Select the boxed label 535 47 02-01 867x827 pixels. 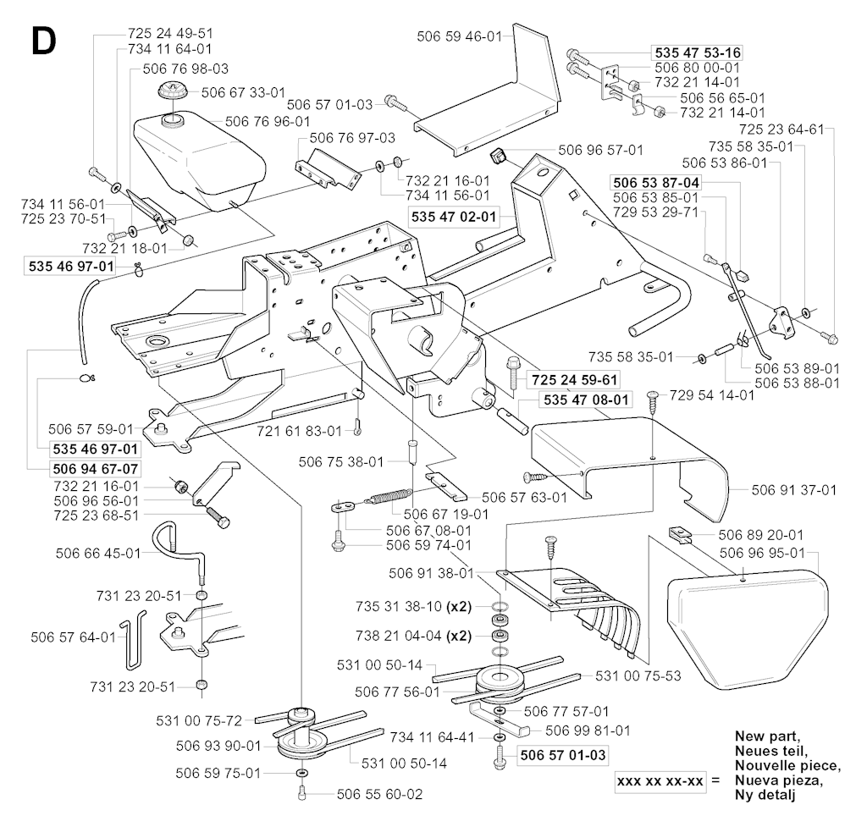pos(453,217)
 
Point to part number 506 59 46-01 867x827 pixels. pos(460,36)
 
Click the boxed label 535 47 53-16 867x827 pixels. pos(695,50)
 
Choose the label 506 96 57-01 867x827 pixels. pos(600,150)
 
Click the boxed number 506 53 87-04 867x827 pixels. pos(655,181)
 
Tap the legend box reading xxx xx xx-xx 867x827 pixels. pos(663,780)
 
